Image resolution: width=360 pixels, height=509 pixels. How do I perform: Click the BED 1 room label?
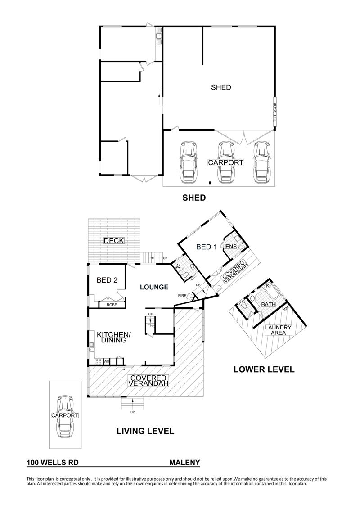point(206,247)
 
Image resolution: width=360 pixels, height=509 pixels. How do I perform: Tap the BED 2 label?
point(107,280)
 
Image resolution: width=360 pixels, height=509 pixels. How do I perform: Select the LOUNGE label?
point(154,287)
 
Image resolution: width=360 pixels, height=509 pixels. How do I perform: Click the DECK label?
point(114,240)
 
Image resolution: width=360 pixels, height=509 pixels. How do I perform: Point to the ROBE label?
point(112,305)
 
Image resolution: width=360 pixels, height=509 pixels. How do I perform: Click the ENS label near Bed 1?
point(231,247)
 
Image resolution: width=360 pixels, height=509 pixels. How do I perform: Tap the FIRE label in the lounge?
point(182,295)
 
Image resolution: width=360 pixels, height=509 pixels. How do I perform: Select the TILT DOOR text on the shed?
point(274,112)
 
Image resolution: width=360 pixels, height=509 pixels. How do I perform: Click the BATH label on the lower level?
point(269,304)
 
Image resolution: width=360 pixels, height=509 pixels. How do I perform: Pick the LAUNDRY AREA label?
point(279,330)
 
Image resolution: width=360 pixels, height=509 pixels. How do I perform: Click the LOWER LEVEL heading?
point(264,369)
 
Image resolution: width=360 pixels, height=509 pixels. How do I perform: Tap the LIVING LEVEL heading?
point(145,431)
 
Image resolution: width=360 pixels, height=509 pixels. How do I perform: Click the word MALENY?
point(184,463)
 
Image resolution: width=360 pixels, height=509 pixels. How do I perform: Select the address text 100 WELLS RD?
point(53,463)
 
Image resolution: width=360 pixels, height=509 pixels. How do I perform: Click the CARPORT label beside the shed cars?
point(225,162)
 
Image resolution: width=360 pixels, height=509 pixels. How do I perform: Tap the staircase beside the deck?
point(152,257)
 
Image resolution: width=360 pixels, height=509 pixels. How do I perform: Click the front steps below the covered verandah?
point(132,404)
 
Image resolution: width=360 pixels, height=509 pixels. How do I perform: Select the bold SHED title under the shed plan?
point(194,198)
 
